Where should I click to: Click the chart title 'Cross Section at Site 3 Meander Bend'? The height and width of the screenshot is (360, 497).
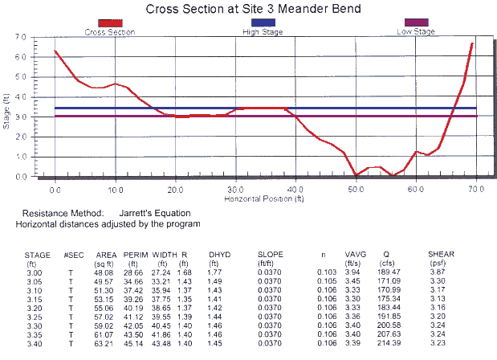248,9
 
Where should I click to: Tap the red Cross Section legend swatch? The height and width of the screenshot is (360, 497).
110,23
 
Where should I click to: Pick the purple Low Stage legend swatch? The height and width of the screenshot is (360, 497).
416,23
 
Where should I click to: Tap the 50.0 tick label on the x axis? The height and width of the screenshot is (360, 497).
356,186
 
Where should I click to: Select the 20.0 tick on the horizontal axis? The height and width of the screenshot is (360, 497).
175,186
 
